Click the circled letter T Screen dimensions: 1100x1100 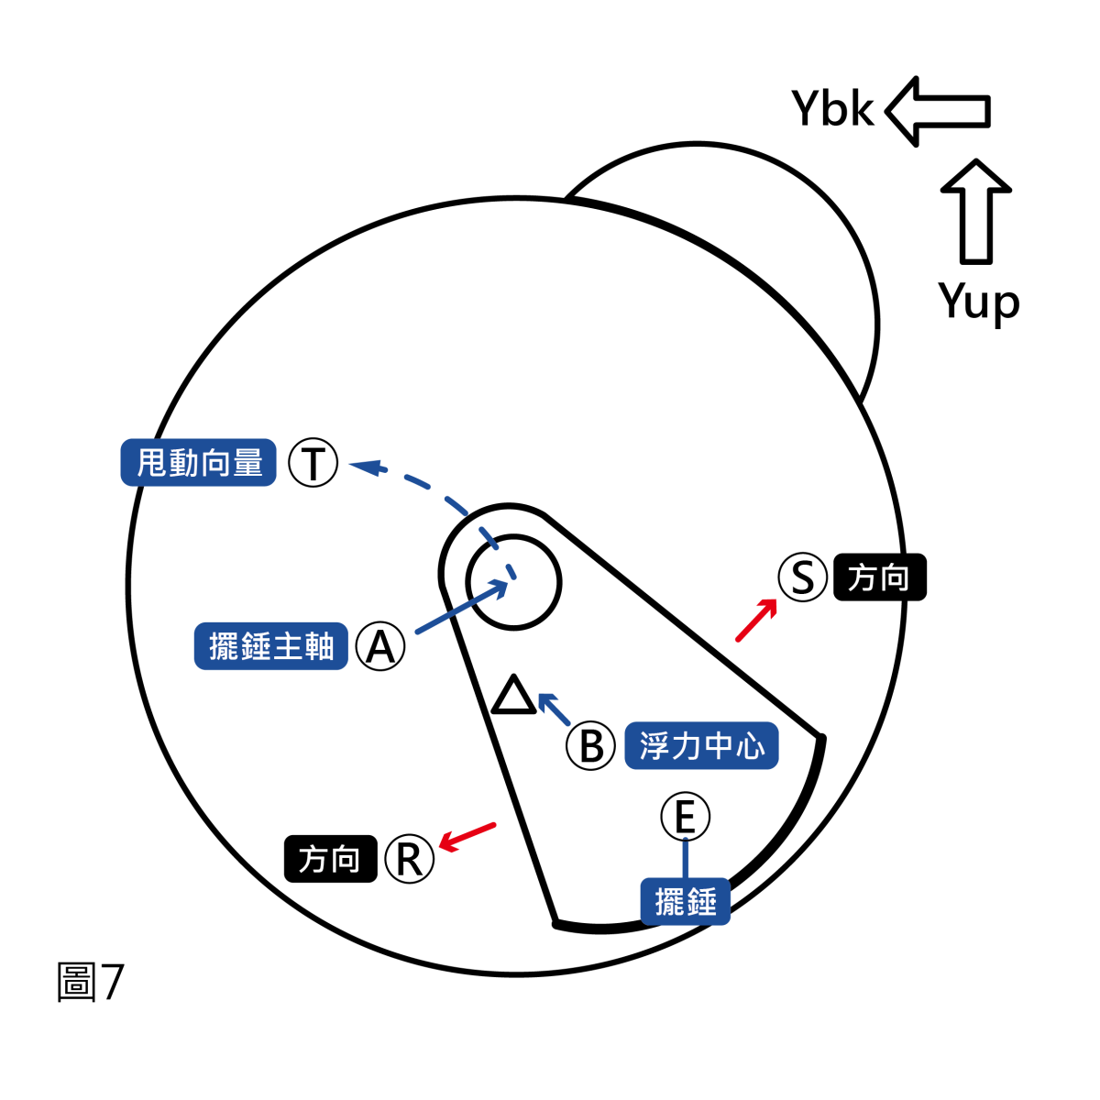click(x=313, y=463)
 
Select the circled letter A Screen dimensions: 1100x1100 click(x=380, y=647)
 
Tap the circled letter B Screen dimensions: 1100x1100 click(x=591, y=746)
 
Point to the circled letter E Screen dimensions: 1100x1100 click(x=686, y=817)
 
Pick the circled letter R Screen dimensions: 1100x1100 click(x=409, y=860)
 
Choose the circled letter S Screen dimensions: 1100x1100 click(x=803, y=577)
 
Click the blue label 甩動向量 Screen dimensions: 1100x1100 click(x=199, y=462)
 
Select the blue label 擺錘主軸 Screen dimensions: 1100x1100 click(x=271, y=646)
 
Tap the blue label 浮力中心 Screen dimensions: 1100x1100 click(x=701, y=745)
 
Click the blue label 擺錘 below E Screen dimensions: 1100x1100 click(x=686, y=902)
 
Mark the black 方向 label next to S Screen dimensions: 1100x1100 click(x=880, y=577)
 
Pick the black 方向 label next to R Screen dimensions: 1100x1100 click(x=330, y=859)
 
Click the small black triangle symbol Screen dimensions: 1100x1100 click(x=513, y=697)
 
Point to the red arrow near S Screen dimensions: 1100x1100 click(x=756, y=620)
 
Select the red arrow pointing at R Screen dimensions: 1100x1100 click(x=467, y=836)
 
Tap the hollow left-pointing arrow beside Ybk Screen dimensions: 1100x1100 click(x=938, y=111)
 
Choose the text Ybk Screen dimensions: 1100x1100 click(x=832, y=109)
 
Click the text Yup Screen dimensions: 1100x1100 click(x=978, y=301)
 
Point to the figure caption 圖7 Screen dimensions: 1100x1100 click(x=90, y=982)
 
